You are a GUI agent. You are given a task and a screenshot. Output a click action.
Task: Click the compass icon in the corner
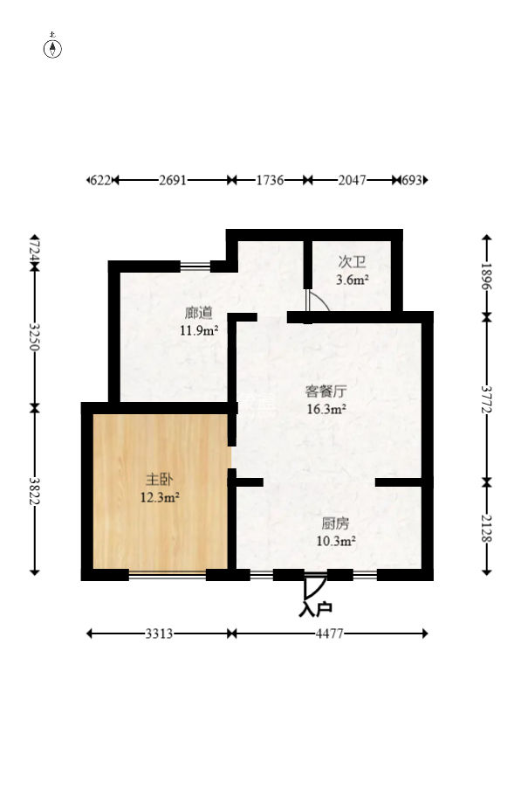[53, 47]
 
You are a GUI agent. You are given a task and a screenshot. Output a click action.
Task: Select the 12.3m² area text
[160, 498]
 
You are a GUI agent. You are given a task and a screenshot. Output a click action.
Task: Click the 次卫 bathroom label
[352, 261]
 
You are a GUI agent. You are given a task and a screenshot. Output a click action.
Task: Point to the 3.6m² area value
[352, 280]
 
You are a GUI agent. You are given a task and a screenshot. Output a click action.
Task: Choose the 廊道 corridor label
[198, 312]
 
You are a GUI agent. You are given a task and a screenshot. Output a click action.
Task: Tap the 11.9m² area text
[198, 330]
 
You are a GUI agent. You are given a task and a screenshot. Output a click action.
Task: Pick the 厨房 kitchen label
[335, 523]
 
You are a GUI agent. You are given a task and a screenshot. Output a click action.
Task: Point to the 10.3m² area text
[335, 542]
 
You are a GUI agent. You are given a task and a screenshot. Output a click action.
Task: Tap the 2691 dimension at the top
[172, 180]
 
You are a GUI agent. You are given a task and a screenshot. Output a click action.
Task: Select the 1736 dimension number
[269, 180]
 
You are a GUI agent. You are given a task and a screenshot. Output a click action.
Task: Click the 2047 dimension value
[352, 180]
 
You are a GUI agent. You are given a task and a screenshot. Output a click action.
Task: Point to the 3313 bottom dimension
[159, 633]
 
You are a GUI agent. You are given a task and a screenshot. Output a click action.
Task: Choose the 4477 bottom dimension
[330, 633]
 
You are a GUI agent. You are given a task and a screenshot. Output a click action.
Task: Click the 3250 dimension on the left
[34, 336]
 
